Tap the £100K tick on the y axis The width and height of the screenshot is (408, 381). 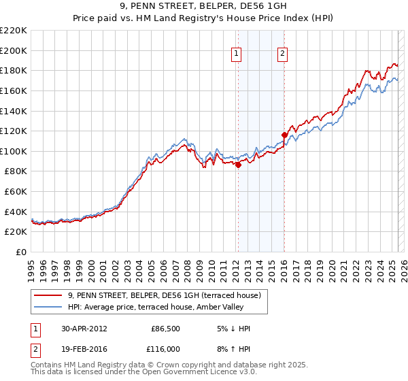coord(14,151)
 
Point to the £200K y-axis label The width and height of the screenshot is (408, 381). coord(14,50)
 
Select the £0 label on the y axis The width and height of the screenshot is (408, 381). coord(21,252)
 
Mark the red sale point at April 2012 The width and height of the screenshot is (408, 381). coord(238,165)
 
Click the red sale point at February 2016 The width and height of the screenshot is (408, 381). coord(284,135)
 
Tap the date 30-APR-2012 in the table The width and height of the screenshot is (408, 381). coord(84,328)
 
